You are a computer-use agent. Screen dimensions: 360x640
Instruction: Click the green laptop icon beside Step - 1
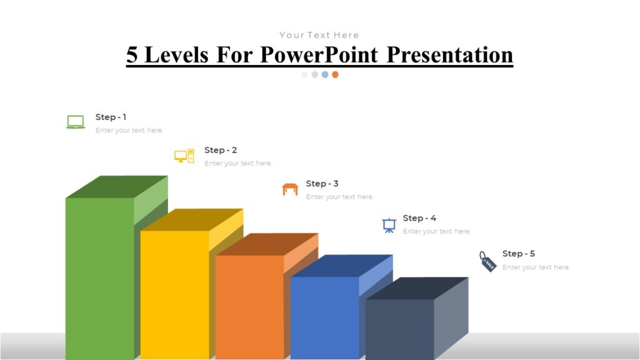click(76, 122)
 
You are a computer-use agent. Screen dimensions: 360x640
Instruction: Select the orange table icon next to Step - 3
click(290, 189)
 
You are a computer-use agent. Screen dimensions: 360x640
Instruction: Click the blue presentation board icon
click(389, 225)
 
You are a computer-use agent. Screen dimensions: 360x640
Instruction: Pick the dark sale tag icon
click(488, 261)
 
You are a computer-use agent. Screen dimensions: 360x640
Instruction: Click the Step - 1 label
click(111, 117)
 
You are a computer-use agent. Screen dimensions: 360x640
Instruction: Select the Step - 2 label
click(221, 150)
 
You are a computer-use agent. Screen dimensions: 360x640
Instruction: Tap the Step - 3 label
click(322, 184)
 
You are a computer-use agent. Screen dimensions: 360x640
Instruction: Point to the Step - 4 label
click(419, 218)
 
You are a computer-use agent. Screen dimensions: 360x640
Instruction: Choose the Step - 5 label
click(519, 254)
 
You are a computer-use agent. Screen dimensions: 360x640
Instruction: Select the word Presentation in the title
click(449, 55)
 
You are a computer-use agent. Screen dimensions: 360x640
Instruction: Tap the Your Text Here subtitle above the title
click(319, 35)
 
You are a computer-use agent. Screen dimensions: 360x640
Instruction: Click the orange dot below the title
click(335, 74)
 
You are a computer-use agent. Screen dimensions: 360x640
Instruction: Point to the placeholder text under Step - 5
click(536, 267)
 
